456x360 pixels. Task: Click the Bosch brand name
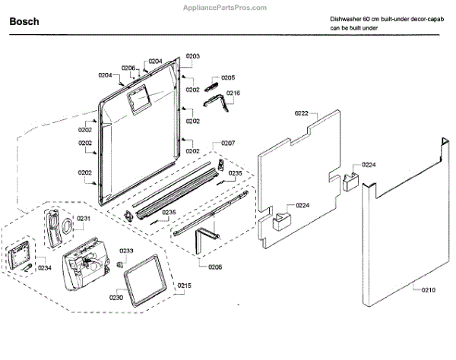tap(24, 22)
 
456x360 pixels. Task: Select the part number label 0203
tap(192, 57)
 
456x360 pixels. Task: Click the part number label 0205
tap(228, 77)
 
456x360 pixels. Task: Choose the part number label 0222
tap(301, 113)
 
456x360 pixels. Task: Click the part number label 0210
tap(429, 289)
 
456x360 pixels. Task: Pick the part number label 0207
tap(228, 143)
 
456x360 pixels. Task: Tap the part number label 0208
tap(215, 267)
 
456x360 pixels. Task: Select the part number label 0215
tap(185, 286)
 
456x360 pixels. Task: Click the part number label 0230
tap(116, 298)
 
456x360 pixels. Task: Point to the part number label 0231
tap(84, 218)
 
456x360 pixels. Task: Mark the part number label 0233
tap(127, 251)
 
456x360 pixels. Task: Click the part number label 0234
tap(45, 267)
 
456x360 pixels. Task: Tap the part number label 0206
tap(128, 68)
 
